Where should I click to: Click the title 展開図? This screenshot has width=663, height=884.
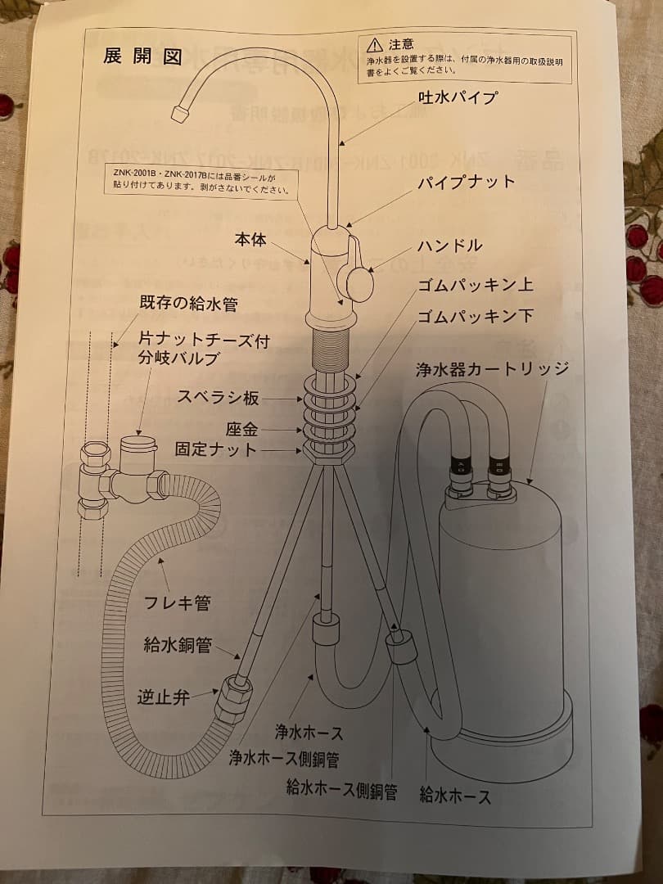(x=142, y=56)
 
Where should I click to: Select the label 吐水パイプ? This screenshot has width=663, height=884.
(x=458, y=97)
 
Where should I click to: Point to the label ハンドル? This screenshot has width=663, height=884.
(x=450, y=246)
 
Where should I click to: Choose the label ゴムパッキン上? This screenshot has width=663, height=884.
(x=476, y=285)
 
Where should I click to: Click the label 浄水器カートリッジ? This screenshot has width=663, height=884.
(x=491, y=368)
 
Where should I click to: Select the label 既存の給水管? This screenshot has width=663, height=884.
(x=188, y=304)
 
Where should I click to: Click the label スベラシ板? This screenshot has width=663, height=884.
(x=219, y=399)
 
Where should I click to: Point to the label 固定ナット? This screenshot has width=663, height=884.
(x=216, y=449)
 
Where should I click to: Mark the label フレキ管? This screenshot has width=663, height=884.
(x=178, y=603)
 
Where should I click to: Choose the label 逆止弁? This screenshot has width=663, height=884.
(x=164, y=697)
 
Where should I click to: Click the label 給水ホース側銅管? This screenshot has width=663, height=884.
(x=341, y=790)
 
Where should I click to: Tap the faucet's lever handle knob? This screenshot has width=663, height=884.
(x=360, y=283)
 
